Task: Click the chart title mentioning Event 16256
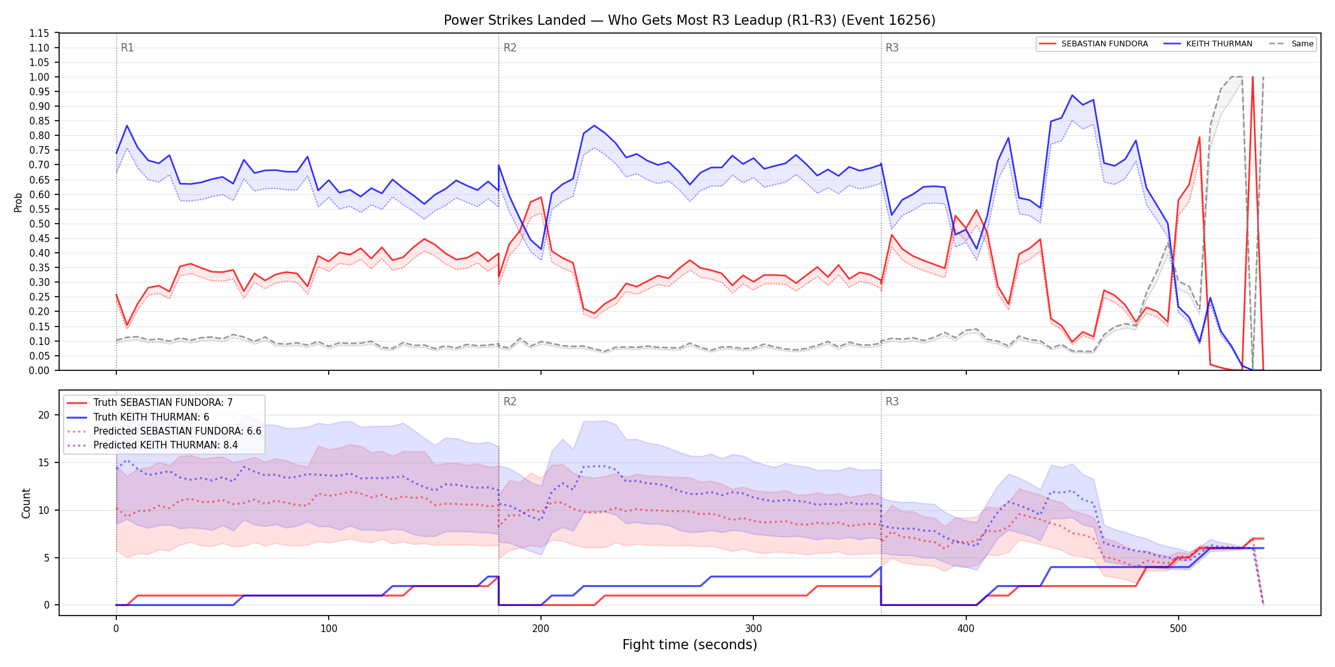click(689, 20)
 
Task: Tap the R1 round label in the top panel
click(127, 48)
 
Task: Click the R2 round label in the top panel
click(510, 48)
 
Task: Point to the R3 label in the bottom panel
click(892, 401)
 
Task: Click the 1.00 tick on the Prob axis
click(39, 77)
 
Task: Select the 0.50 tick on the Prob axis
click(39, 224)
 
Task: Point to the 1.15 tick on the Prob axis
click(39, 33)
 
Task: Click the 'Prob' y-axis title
click(18, 202)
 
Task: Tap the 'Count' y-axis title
click(26, 503)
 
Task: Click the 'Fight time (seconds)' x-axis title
click(690, 645)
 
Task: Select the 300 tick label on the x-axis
click(753, 629)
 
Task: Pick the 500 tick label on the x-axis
click(1178, 629)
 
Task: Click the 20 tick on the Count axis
click(44, 415)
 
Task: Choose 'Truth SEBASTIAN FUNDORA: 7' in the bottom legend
click(163, 403)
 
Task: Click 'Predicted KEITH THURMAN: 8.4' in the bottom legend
click(165, 445)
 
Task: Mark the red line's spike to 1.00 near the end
click(1252, 77)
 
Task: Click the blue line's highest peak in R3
click(1072, 95)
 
